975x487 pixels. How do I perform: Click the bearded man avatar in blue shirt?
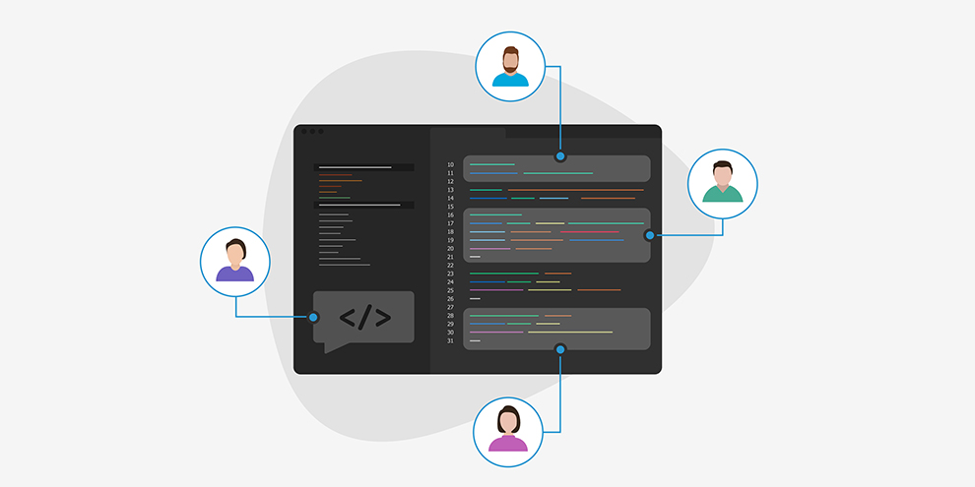coord(510,67)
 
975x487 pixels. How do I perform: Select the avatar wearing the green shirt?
coord(723,184)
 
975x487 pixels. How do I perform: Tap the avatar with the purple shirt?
coord(235,262)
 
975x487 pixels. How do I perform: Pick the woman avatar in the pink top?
coord(508,432)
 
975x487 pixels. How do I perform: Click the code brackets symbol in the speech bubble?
coord(365,317)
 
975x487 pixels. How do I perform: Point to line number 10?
coord(450,164)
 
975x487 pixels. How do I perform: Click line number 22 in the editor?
coord(450,266)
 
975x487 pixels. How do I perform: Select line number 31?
coord(450,341)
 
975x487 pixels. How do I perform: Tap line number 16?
coord(450,214)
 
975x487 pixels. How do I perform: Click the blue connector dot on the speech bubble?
coord(313,318)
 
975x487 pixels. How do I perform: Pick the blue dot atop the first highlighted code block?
coord(560,155)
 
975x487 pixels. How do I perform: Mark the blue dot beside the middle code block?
coord(650,235)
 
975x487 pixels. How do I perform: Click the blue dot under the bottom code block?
coord(560,349)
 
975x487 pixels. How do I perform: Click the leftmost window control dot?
coord(304,132)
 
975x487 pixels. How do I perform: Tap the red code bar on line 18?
coord(590,232)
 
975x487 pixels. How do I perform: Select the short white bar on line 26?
coord(475,299)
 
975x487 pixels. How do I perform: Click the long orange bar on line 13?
coord(576,190)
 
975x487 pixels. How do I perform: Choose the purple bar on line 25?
coord(496,290)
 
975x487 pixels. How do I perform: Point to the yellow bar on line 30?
coord(570,333)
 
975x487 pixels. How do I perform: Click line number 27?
coord(450,308)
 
